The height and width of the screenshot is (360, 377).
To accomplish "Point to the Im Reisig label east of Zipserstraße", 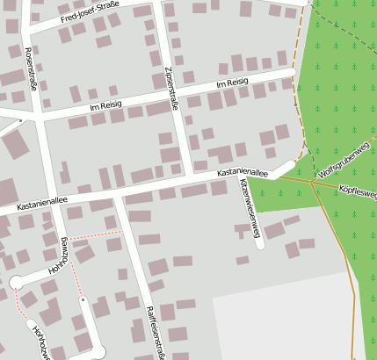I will coord(232,83).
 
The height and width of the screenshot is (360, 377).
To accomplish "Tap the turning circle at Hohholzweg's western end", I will coord(16,282).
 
